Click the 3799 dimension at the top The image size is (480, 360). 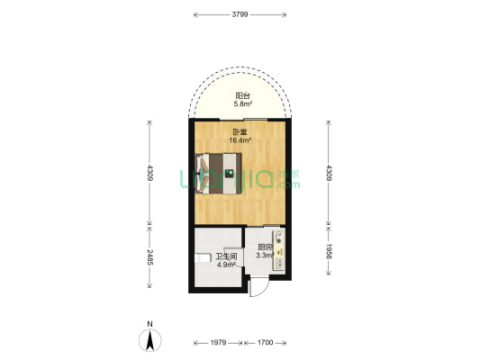coord(240,14)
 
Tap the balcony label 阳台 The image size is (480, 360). coord(242,95)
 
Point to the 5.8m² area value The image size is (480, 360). coord(242,104)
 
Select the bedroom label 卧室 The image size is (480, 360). coord(238,131)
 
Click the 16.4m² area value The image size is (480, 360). coord(238,140)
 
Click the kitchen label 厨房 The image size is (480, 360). coord(264,247)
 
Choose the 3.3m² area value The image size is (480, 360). coord(264,256)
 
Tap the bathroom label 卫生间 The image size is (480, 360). coord(225,257)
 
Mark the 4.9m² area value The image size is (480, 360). coord(225,265)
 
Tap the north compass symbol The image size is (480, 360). coord(149,337)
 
